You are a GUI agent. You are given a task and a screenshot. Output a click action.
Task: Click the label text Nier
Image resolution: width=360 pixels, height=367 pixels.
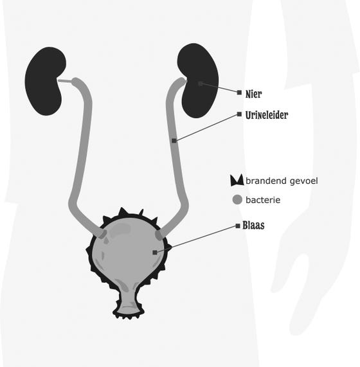(x=253, y=94)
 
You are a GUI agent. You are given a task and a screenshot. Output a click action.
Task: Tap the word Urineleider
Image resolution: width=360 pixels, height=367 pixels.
(x=267, y=115)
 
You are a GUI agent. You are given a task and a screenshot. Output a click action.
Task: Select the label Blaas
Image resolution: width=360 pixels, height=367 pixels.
(x=253, y=226)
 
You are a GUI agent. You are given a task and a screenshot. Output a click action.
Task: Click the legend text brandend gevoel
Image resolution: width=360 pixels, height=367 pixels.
(x=282, y=181)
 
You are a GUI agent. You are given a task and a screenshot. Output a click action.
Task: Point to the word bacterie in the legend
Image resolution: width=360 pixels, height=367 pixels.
(x=263, y=200)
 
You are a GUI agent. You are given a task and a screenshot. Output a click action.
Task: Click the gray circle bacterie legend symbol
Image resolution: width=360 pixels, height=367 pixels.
(x=237, y=200)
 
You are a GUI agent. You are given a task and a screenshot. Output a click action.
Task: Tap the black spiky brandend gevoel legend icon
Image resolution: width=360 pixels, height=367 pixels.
(x=237, y=181)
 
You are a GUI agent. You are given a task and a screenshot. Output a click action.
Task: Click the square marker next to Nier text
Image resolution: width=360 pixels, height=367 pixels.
(x=239, y=93)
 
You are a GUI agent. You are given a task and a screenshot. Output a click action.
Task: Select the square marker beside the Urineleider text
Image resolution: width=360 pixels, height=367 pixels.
(x=239, y=114)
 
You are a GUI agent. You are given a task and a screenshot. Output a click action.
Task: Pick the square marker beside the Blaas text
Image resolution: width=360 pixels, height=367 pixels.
(x=238, y=226)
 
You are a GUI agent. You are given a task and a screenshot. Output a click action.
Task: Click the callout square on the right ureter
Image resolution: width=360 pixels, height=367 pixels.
(x=174, y=141)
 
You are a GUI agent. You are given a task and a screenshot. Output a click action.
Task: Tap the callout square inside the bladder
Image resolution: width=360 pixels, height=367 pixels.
(x=154, y=253)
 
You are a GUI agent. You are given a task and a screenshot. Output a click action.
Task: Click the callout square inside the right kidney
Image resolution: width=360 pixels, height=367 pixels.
(x=200, y=84)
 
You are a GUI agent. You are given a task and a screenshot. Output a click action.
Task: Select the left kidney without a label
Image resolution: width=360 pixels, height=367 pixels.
(x=45, y=81)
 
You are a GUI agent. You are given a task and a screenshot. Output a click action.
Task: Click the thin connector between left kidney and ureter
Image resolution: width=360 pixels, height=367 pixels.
(x=65, y=81)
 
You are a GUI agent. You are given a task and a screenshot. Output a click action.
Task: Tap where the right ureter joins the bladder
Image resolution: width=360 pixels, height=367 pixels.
(x=159, y=235)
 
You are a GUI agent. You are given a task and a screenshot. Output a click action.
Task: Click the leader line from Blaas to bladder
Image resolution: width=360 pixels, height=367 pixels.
(x=196, y=239)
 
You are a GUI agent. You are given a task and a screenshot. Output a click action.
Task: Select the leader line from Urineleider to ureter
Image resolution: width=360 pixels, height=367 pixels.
(x=206, y=127)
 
